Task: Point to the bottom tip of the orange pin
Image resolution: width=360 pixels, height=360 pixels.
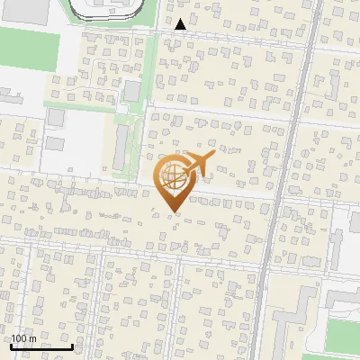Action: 173,211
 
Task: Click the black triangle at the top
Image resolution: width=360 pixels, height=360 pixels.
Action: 181,24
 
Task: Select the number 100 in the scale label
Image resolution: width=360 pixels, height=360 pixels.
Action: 19,338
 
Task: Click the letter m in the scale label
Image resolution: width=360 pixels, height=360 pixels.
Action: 32,338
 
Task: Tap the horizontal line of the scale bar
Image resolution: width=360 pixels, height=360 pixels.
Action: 41,346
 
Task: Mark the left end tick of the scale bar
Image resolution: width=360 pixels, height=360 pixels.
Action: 11,345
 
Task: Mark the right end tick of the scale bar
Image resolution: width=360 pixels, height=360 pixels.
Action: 72,345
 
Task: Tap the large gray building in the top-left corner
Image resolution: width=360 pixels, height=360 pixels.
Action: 22,10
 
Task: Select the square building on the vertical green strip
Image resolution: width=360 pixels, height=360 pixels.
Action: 132,91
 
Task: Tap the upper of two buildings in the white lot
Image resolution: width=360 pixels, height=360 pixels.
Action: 57,117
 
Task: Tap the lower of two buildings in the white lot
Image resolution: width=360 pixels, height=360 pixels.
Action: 55,143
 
